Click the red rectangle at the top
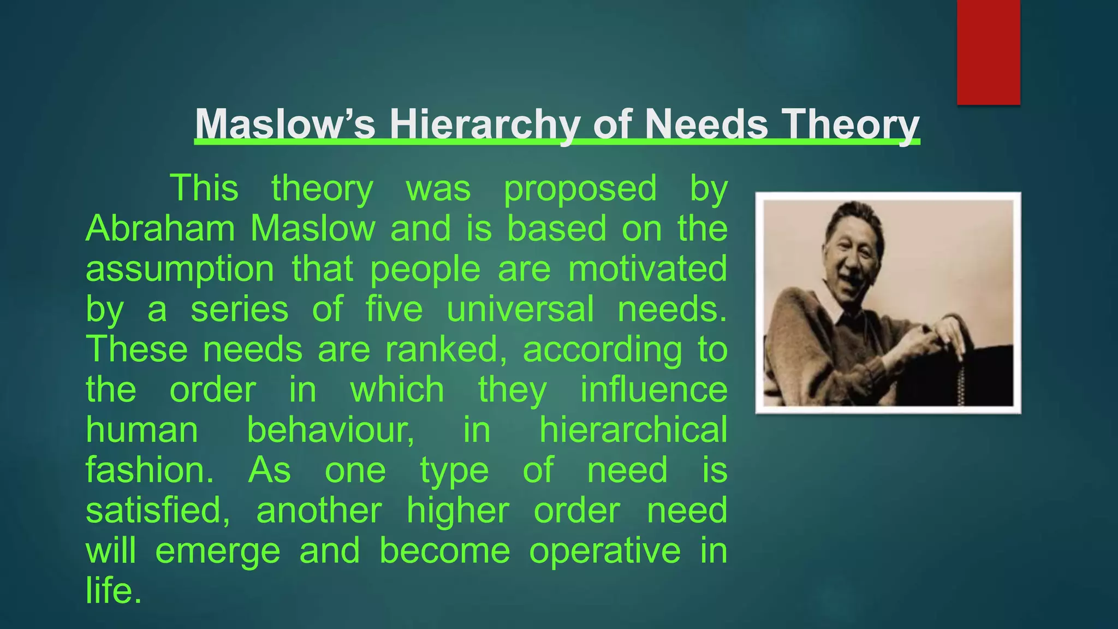tap(988, 52)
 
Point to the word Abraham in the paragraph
tap(160, 228)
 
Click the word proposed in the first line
tap(580, 188)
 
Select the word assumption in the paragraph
tap(180, 269)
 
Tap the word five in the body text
tap(394, 309)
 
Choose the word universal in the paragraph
tap(520, 309)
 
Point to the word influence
tap(653, 390)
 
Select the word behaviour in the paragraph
tap(330, 430)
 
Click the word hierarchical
tap(633, 430)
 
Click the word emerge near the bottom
tap(217, 551)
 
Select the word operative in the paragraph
tap(605, 551)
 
